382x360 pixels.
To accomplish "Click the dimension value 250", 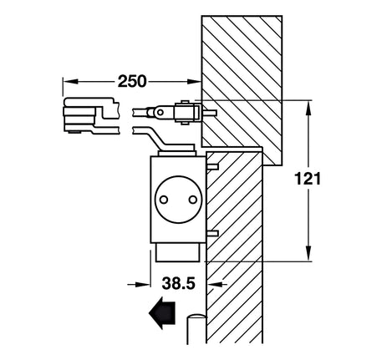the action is [x=132, y=81].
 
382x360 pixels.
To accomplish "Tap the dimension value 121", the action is [x=308, y=179].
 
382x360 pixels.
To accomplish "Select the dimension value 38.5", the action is [x=179, y=283].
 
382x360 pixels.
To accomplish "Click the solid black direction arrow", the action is [x=162, y=312].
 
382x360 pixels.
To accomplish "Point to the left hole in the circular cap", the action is [x=164, y=200].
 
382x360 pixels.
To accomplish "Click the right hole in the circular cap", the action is [x=192, y=200].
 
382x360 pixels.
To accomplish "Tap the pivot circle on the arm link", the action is [x=160, y=113].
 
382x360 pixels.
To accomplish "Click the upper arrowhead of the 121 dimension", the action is [x=308, y=108].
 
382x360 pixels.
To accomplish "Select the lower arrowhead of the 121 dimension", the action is [x=308, y=253].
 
